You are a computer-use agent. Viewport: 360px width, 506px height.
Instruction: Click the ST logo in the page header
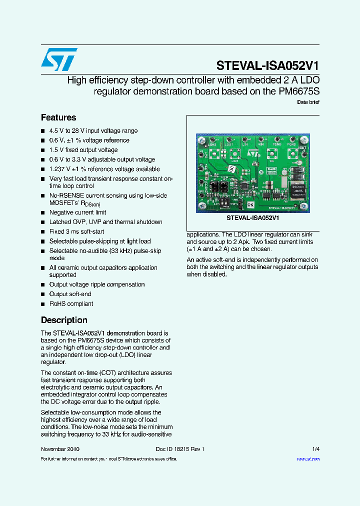click(59, 60)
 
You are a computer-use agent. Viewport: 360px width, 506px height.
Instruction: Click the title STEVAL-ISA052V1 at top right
click(267, 66)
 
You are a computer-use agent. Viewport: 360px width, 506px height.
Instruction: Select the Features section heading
click(58, 117)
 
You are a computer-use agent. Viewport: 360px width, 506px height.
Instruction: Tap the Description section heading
click(64, 320)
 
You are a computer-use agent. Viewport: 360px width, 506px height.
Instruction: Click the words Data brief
click(308, 102)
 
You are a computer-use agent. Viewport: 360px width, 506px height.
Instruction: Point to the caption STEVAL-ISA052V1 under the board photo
click(252, 218)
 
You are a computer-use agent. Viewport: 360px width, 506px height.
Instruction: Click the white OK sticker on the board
click(250, 205)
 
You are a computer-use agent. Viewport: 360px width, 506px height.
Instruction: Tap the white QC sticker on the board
click(232, 169)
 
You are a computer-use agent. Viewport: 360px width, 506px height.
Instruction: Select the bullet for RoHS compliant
click(43, 304)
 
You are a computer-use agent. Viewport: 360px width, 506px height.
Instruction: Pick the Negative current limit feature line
click(77, 212)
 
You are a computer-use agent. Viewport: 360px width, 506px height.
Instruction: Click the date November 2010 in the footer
click(60, 449)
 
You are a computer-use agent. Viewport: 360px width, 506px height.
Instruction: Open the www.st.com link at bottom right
click(308, 458)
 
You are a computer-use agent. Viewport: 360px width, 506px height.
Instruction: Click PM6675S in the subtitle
click(298, 91)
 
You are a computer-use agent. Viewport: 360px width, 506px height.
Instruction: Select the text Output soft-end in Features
click(70, 294)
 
